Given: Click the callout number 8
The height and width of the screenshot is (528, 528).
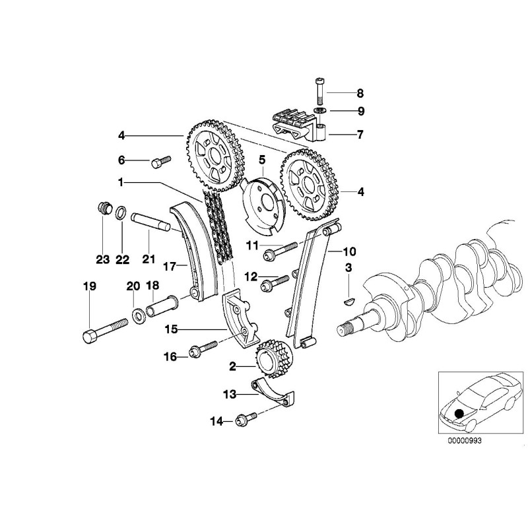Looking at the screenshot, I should click(x=360, y=94).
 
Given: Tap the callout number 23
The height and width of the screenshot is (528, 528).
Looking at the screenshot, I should click(x=102, y=260).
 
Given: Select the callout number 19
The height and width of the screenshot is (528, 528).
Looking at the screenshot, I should click(x=89, y=286).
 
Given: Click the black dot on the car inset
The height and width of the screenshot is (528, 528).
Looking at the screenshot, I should click(x=459, y=414).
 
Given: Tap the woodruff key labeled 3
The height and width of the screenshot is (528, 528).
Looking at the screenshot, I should click(x=350, y=301).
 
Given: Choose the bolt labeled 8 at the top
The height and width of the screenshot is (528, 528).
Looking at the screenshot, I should click(x=320, y=88).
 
